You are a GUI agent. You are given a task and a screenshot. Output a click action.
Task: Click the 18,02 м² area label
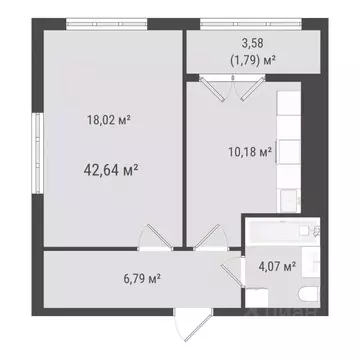pyautogui.click(x=110, y=118)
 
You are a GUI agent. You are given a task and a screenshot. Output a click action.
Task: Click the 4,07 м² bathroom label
pyautogui.click(x=276, y=266)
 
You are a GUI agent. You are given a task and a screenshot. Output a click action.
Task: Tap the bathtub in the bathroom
pyautogui.click(x=268, y=232)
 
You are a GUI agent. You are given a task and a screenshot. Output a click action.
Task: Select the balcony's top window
pyautogui.click(x=252, y=24)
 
